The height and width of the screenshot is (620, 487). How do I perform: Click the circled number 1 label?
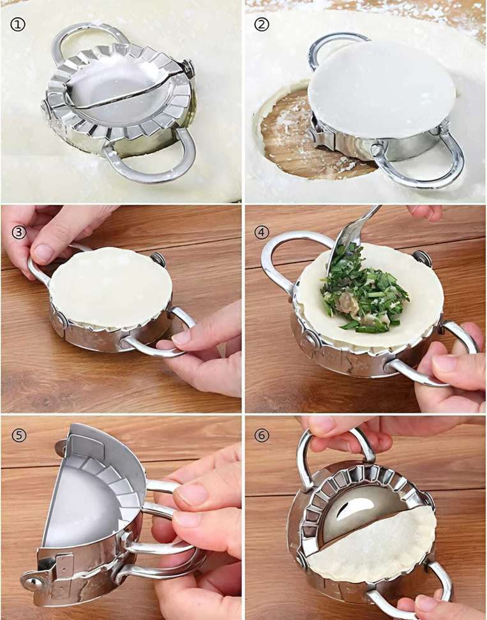point(17,24)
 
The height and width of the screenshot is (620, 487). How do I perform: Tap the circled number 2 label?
point(262,24)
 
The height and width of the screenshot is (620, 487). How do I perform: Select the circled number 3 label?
point(19,232)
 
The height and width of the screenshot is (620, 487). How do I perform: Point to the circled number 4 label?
point(262,232)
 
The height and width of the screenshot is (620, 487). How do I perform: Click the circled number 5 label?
point(19,436)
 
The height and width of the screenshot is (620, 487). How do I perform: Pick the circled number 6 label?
point(262,436)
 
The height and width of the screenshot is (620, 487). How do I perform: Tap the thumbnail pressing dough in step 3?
point(44,253)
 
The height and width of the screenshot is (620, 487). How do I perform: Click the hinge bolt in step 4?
point(422,258)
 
